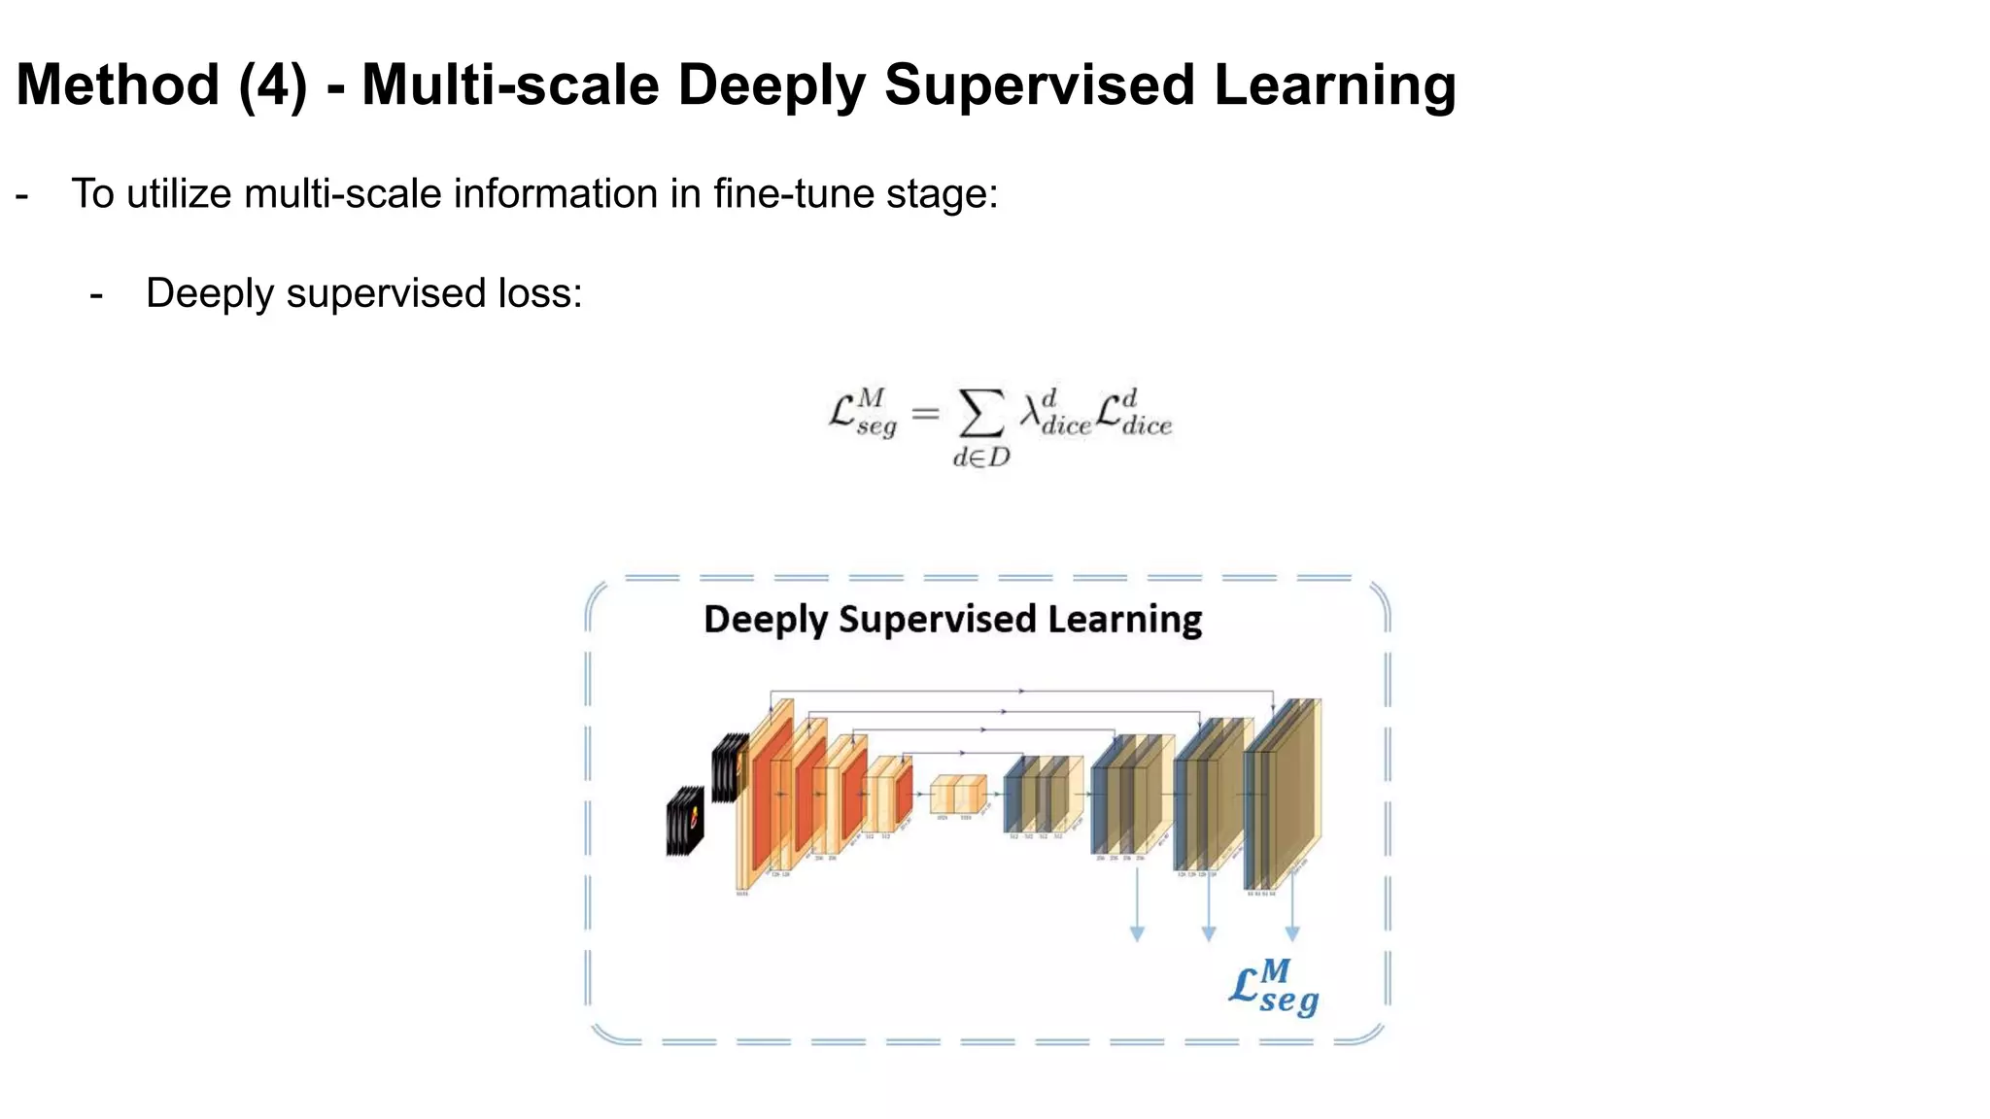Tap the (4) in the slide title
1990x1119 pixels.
coord(273,85)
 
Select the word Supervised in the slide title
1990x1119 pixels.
coord(1040,85)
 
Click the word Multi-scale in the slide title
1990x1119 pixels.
coord(511,85)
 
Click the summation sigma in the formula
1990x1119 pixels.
coord(981,415)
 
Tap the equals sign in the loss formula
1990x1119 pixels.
coord(926,415)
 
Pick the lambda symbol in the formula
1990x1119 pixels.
coord(1030,415)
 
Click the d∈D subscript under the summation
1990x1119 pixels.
coord(981,458)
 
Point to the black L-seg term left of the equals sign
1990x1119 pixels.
coord(862,413)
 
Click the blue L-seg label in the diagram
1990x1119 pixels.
coord(1273,987)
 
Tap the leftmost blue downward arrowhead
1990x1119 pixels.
coord(1137,934)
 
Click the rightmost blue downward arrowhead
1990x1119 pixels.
coord(1292,934)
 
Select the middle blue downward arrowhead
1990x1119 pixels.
coord(1209,934)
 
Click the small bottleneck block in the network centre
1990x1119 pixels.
coord(957,794)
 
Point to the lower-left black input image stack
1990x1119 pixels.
coord(685,821)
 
